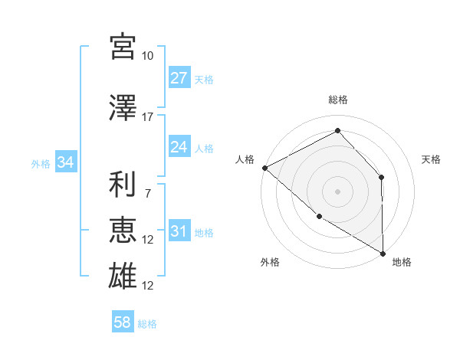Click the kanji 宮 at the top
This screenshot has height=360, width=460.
coord(123,47)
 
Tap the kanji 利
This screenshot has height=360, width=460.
coord(123,184)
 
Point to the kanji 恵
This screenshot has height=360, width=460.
coord(123,230)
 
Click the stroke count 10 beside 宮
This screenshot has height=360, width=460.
coord(148,56)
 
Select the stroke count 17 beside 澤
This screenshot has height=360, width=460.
coord(148,117)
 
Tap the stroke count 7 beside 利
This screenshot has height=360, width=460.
coord(147,193)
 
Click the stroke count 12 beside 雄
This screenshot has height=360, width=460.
coord(148,286)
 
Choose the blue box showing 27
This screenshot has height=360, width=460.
coord(179,78)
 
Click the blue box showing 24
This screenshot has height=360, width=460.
coord(179,147)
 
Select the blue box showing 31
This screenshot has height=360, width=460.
coord(179,231)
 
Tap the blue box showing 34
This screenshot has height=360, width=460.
coord(65,162)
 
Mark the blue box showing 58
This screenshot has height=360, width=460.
coord(123,322)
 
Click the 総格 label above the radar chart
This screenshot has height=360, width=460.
coord(337,100)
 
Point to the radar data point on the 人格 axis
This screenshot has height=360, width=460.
coord(264,167)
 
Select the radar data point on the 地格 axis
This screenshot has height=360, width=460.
coord(383,253)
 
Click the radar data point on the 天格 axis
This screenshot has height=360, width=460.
coord(382,178)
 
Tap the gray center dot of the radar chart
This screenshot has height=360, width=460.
coord(337,191)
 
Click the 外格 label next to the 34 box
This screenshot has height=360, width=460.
coord(41,163)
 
